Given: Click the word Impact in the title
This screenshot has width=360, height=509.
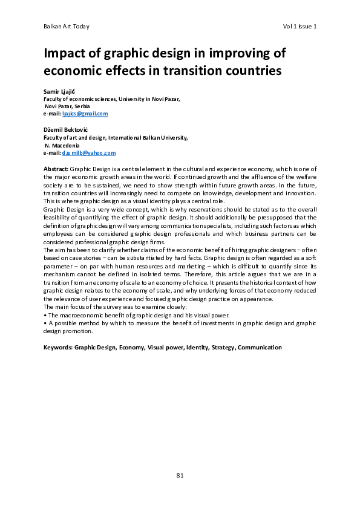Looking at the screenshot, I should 65,53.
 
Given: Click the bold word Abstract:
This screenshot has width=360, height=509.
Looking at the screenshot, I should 56,169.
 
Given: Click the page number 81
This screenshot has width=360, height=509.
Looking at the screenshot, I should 180,475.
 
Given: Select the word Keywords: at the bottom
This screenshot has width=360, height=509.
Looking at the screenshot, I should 58,348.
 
